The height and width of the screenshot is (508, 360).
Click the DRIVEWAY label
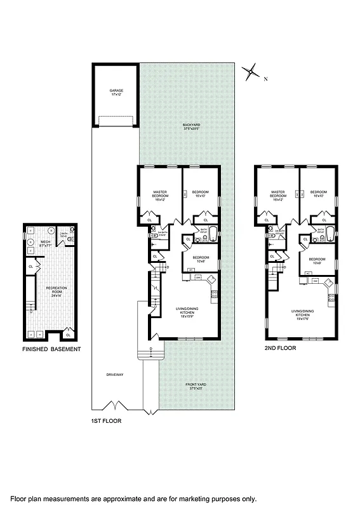115,375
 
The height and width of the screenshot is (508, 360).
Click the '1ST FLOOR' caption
105,420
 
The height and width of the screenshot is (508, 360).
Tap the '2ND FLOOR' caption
280,349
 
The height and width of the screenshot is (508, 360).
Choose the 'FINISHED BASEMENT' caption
50,349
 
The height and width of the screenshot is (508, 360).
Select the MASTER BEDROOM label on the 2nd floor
277,194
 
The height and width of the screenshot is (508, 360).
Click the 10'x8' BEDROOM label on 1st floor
200,260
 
